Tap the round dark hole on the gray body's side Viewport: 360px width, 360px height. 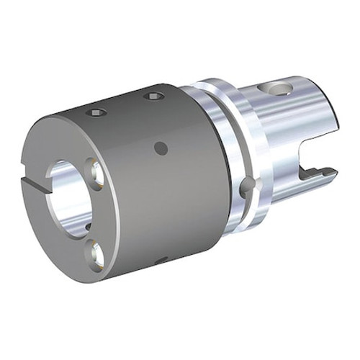click(161, 148)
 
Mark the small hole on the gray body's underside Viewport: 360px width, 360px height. click(161, 259)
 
